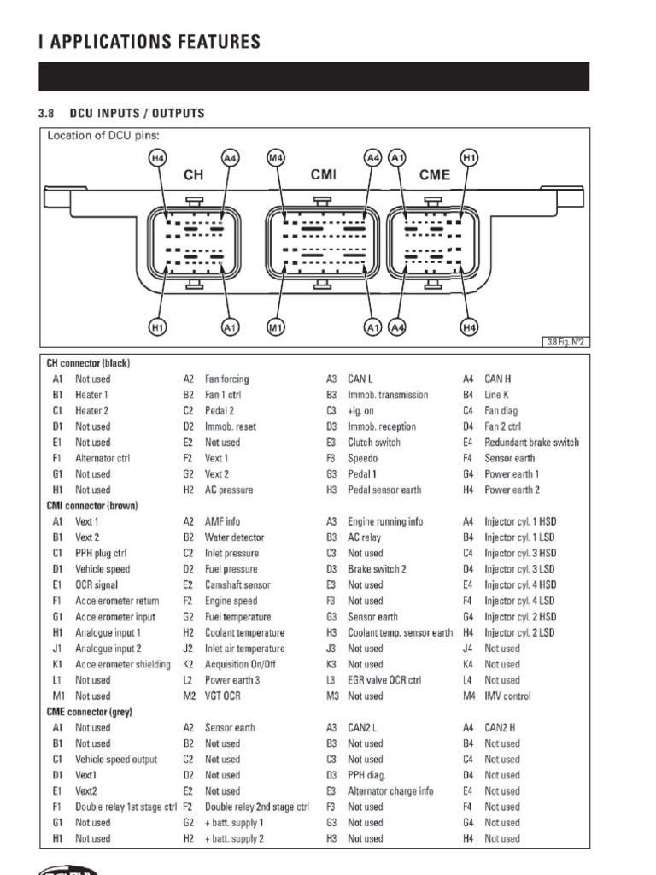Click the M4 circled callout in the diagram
[275, 158]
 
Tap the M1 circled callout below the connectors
[275, 326]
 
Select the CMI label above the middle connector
[323, 174]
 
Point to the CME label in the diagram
[434, 174]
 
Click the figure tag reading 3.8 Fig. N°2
[566, 343]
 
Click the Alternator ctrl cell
[102, 458]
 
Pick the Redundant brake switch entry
[531, 443]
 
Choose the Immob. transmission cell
[388, 395]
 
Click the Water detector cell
[234, 537]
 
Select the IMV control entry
[507, 696]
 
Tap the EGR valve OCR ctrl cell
[384, 680]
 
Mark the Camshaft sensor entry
[237, 585]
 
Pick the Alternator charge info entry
[390, 790]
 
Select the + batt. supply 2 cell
[234, 838]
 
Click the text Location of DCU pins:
[103, 136]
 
